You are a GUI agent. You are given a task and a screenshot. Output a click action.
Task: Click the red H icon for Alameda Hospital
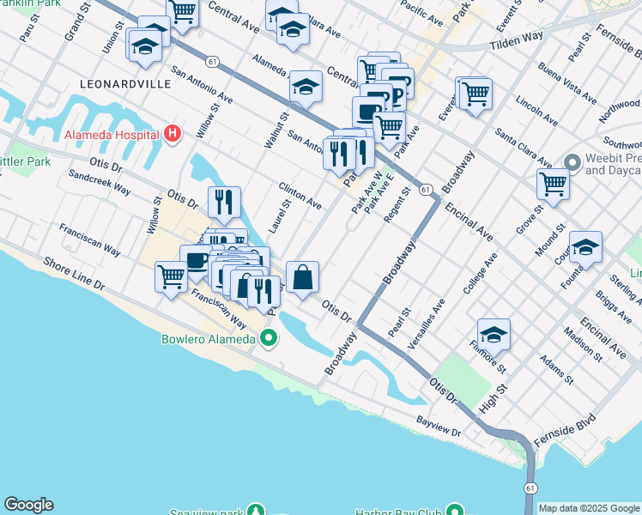(x=173, y=135)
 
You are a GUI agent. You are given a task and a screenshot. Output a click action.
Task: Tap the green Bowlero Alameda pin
(x=269, y=338)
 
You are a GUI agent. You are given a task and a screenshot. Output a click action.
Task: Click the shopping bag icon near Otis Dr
(x=302, y=277)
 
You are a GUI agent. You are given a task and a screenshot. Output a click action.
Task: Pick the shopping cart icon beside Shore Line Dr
(x=172, y=277)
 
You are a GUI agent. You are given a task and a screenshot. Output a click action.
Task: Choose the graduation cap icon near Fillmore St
(x=494, y=334)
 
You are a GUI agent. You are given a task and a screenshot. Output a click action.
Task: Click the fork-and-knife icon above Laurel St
(x=224, y=203)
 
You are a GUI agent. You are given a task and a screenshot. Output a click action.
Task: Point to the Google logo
(x=28, y=505)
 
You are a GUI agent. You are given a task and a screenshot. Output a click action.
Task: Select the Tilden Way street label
(x=517, y=40)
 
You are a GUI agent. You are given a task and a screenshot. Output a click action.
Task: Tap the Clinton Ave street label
(x=300, y=196)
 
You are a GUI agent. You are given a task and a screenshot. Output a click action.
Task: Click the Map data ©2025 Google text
(x=589, y=508)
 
